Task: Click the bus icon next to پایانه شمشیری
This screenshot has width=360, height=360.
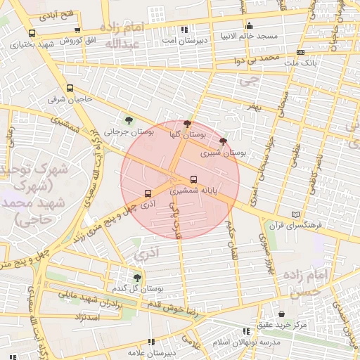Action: [194, 179]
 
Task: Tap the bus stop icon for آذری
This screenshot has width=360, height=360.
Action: [148, 193]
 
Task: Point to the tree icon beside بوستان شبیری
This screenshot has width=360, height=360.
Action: [223, 141]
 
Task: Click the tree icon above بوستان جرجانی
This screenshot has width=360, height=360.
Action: [128, 120]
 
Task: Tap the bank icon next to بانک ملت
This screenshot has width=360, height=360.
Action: [300, 52]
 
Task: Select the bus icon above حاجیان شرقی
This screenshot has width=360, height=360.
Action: [70, 89]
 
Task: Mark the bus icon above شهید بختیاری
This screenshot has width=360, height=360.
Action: [32, 33]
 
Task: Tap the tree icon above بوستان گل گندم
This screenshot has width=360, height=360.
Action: [137, 278]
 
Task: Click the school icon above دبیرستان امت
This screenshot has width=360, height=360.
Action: [184, 30]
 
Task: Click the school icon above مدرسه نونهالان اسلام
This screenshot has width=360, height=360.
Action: [246, 330]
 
